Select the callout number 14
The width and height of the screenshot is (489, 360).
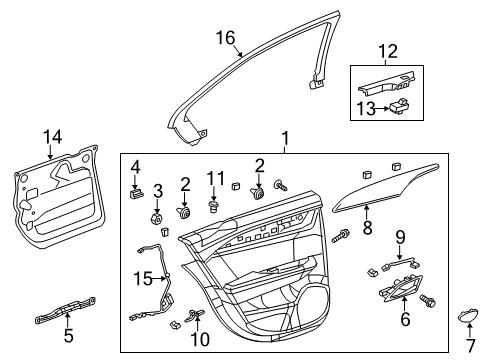pyautogui.click(x=51, y=137)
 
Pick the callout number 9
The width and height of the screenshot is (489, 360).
pyautogui.click(x=399, y=237)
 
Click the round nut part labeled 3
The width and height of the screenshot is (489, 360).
pyautogui.click(x=157, y=217)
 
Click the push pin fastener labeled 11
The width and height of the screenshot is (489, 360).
pyautogui.click(x=211, y=207)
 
